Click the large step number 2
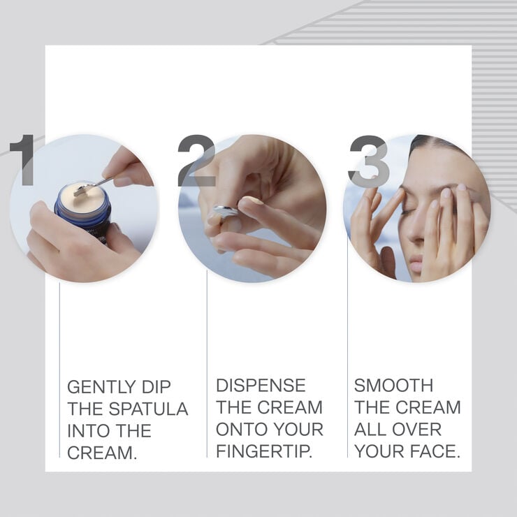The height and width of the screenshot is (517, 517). point(196,161)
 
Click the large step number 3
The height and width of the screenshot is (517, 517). point(368,161)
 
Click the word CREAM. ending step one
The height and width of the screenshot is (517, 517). point(101,452)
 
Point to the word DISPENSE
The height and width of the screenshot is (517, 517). point(261,386)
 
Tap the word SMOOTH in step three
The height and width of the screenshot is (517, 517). point(393,386)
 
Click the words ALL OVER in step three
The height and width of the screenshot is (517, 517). point(398,429)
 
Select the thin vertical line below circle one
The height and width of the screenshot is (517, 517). point(59,349)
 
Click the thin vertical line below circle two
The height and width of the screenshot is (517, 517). point(207,349)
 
